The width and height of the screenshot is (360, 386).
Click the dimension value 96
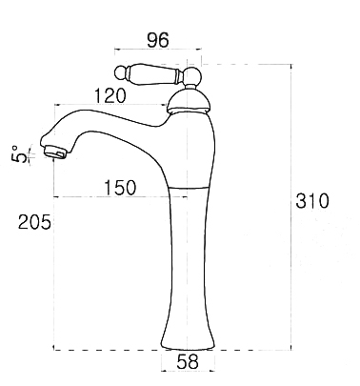click(158, 40)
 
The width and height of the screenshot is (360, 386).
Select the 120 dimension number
click(110, 95)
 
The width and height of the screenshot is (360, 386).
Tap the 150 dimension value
click(120, 188)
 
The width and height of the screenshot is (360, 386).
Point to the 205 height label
click(34, 222)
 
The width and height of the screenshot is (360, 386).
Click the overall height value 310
click(312, 201)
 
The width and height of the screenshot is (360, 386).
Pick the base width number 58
click(188, 361)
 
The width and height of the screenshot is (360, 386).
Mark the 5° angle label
click(19, 153)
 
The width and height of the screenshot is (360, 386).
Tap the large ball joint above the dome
click(193, 75)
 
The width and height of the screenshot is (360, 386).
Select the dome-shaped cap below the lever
click(189, 101)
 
